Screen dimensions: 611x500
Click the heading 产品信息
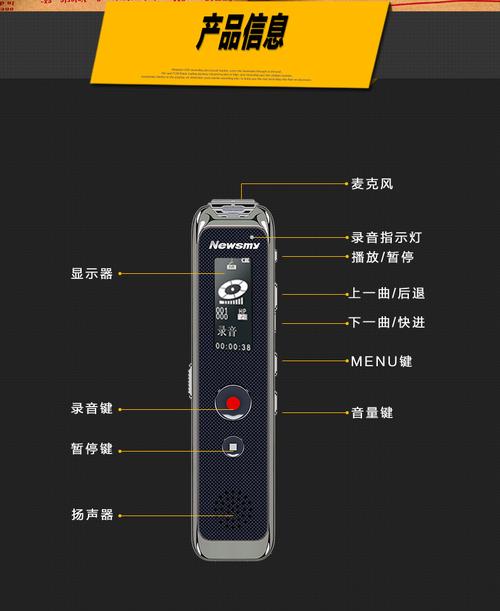pos(242,32)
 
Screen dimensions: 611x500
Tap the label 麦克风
pos(372,184)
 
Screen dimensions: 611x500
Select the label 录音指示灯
pos(386,238)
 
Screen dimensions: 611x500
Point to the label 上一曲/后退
pos(386,294)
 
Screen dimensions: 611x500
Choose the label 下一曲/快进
pos(386,322)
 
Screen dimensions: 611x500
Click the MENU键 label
pos(380,361)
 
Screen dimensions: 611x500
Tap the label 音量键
pos(372,412)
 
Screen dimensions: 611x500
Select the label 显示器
pos(92,272)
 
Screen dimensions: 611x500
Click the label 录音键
pos(92,408)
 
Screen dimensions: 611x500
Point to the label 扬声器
pos(92,515)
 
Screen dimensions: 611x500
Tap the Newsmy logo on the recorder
pos(232,244)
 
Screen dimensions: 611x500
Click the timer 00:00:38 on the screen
pos(232,347)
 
